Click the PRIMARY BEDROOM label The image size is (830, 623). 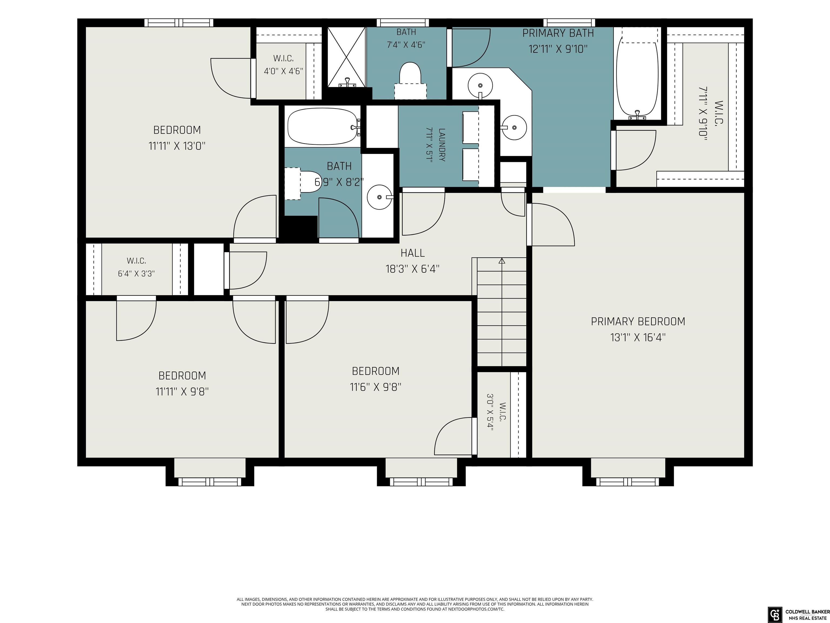click(x=638, y=322)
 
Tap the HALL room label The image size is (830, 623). click(x=413, y=253)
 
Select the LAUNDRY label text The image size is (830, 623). click(x=442, y=145)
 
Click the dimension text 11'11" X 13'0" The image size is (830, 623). click(x=177, y=146)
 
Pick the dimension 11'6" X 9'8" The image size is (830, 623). click(x=376, y=387)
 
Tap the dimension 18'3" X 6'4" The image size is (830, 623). click(x=413, y=269)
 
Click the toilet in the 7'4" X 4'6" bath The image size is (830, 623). click(x=410, y=81)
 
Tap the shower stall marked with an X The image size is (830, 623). click(x=346, y=57)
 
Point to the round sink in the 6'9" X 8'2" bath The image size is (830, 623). click(x=380, y=197)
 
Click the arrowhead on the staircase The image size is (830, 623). click(x=502, y=261)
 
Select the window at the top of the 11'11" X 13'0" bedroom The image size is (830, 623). click(x=179, y=22)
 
